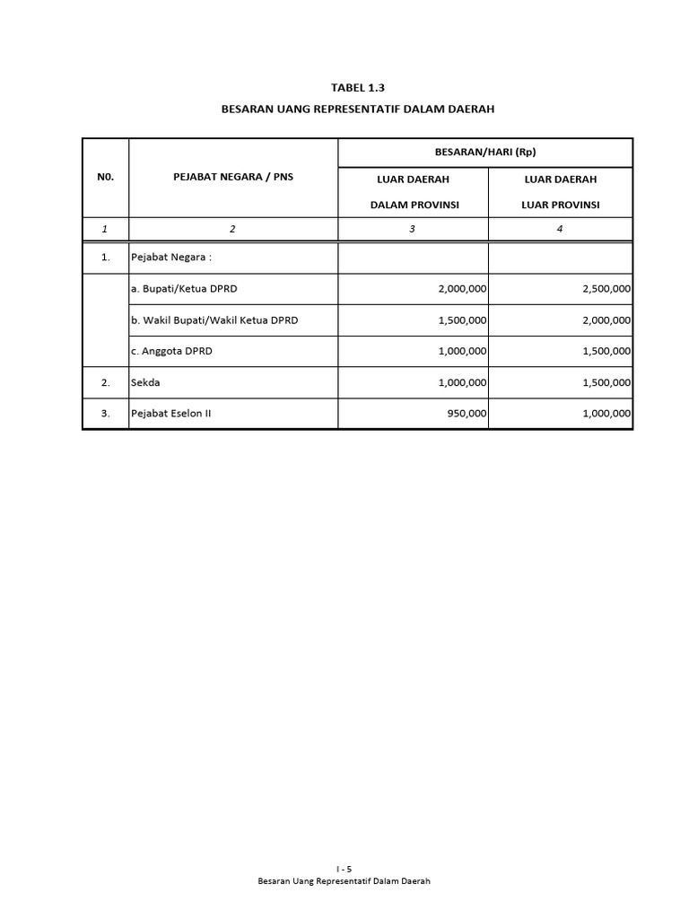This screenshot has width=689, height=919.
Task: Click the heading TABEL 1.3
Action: [357, 88]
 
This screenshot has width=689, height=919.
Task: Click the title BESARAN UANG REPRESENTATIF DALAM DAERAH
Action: [358, 109]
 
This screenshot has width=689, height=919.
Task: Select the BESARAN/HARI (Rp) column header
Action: [484, 153]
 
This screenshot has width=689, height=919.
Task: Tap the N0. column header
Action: [105, 178]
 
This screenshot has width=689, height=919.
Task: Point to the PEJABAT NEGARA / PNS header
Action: [232, 178]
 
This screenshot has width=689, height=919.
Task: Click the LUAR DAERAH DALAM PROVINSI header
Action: [413, 192]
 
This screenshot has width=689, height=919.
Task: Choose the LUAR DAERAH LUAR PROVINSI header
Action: [560, 192]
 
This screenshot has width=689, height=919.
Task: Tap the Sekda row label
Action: [145, 382]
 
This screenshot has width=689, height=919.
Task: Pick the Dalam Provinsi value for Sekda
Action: [462, 382]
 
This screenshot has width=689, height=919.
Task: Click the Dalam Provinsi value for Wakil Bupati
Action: [462, 320]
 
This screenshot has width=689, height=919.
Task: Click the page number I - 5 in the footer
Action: [344, 870]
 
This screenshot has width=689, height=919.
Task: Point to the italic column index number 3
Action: [412, 229]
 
